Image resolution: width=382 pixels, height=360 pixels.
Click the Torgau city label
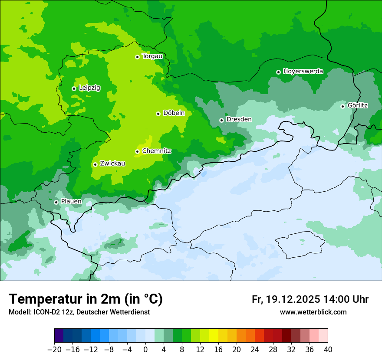152,56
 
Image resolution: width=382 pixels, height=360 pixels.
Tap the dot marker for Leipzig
74,88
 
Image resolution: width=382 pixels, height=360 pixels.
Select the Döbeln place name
174,113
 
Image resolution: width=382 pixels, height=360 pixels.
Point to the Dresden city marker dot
221,120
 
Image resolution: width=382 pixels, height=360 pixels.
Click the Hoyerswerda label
303,71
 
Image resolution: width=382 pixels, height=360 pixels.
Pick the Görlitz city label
358,105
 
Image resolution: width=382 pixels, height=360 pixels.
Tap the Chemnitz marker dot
137,151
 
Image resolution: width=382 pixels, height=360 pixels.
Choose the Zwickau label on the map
112,164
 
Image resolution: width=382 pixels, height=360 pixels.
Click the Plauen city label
71,201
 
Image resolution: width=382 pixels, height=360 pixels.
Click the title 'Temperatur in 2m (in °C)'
86,299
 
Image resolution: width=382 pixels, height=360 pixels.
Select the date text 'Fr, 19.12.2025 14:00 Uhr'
310,299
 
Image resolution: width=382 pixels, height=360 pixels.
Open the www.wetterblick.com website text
313,312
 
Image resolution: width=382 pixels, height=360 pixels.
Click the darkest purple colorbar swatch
59,336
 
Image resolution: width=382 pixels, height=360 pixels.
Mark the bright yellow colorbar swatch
214,336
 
